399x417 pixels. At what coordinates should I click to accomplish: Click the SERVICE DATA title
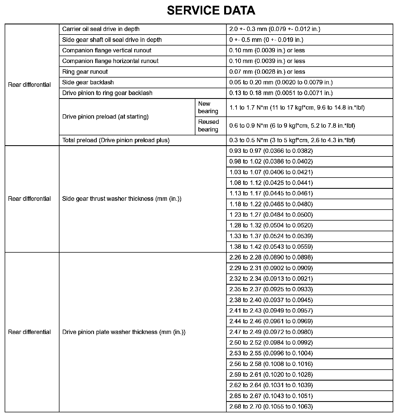(211, 11)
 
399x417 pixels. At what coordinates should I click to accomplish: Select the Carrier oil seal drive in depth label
(101, 29)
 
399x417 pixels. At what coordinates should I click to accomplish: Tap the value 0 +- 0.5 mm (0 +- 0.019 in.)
(266, 40)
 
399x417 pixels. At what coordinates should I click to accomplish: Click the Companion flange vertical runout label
(107, 50)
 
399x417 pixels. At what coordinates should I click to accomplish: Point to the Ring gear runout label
(85, 72)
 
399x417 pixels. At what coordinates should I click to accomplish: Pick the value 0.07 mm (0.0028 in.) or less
(267, 72)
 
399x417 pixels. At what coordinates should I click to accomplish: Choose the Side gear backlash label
(88, 82)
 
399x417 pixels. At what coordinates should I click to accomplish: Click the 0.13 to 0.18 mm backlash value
(281, 93)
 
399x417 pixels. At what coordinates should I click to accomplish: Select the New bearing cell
(208, 107)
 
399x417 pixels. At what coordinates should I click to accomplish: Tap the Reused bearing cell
(208, 126)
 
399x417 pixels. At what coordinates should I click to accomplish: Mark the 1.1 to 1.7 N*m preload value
(297, 108)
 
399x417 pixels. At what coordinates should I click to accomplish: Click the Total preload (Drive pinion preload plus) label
(116, 140)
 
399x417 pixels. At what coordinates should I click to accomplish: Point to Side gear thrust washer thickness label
(122, 199)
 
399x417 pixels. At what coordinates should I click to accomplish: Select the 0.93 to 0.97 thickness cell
(271, 151)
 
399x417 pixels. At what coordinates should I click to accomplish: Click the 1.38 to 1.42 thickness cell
(271, 247)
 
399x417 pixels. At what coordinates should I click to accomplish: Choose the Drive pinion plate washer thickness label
(124, 332)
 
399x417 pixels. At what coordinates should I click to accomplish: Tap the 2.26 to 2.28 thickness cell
(271, 258)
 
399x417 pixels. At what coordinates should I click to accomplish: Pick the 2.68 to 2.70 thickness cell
(271, 407)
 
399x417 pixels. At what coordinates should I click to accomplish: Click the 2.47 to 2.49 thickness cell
(271, 332)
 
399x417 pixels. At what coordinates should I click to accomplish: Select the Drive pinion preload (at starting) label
(106, 117)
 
